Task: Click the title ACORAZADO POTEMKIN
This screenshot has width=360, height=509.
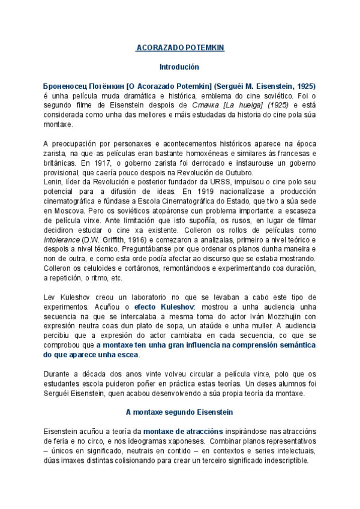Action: [180, 48]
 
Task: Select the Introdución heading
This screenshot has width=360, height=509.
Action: [179, 67]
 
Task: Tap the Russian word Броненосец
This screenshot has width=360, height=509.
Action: [66, 86]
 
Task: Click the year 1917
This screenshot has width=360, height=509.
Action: [92, 162]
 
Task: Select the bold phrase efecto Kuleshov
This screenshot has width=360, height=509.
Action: [160, 307]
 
